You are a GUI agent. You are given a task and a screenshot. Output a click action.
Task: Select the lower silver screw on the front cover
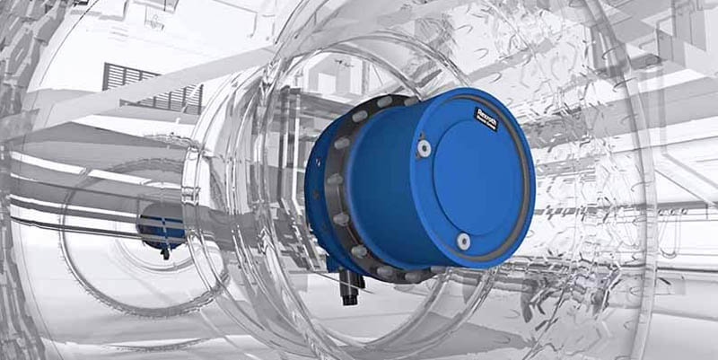[x=462, y=241]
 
